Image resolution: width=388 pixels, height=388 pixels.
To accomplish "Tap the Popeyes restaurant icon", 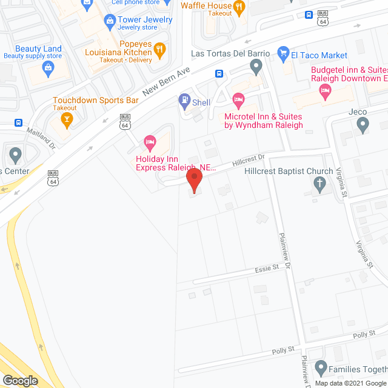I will [x=160, y=50].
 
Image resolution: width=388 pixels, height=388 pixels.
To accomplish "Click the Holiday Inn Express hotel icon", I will [x=150, y=143].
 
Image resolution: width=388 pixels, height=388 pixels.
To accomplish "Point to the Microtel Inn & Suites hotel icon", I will [x=238, y=98].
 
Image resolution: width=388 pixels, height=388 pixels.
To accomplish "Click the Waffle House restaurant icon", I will [x=239, y=8].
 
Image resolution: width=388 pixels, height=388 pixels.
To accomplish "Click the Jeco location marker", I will [x=363, y=126].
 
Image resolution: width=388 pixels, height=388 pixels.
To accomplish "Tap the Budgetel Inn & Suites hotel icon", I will [x=326, y=92].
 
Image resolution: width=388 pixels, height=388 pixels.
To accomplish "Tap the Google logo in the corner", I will [x=19, y=380].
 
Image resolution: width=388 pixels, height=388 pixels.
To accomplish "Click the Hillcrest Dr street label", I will [x=249, y=161].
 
